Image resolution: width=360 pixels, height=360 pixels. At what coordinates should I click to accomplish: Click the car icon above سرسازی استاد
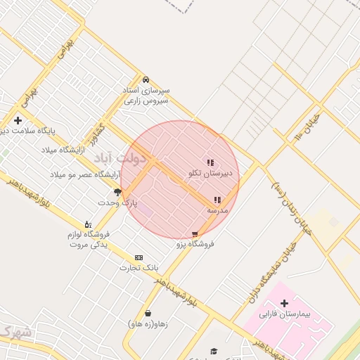click(x=146, y=79)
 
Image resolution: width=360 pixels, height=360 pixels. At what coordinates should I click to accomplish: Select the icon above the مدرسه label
click(x=217, y=200)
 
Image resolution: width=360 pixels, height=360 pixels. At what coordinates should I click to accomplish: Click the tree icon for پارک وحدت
click(x=118, y=192)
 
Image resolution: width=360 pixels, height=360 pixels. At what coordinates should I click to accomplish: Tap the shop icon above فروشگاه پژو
click(x=195, y=234)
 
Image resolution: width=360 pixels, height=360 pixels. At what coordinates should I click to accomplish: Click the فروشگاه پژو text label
click(x=195, y=244)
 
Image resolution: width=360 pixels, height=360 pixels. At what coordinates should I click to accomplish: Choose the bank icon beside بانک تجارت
click(x=139, y=257)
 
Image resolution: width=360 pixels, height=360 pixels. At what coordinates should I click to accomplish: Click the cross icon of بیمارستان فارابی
click(x=284, y=303)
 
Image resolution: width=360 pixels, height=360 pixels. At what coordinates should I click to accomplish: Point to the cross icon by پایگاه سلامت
click(x=18, y=120)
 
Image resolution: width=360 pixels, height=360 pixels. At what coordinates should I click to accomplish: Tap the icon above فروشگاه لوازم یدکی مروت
click(x=87, y=224)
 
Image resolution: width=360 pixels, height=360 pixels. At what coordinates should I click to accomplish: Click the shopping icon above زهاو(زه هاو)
click(x=148, y=314)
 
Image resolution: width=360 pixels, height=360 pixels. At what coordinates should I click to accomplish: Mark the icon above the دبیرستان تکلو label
click(x=210, y=162)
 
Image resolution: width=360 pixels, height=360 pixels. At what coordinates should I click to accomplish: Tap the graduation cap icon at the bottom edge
click(x=214, y=351)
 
